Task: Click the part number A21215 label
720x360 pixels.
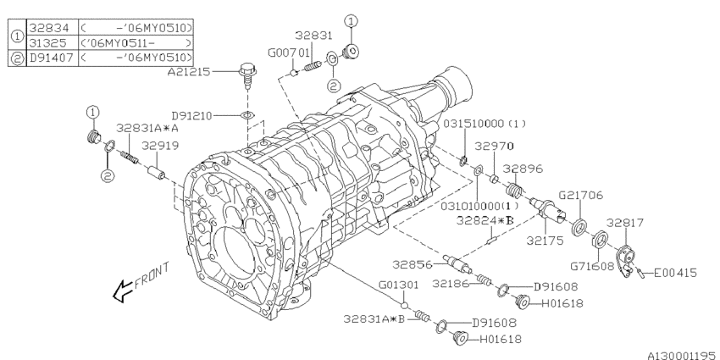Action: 188,72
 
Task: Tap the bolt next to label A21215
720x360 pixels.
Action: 247,76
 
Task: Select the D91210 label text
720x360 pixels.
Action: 192,116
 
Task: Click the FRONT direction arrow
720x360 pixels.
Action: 122,291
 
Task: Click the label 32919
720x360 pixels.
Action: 160,146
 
